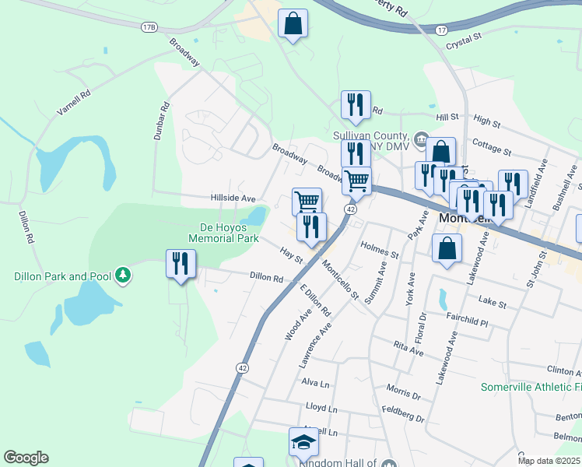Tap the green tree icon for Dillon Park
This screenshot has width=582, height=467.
pos(122,276)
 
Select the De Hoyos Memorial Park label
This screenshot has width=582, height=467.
pos(224,233)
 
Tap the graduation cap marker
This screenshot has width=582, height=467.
pos(303,442)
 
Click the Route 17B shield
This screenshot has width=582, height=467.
pos(149,27)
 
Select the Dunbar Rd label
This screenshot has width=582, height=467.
pos(161,123)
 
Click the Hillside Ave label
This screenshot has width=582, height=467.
pos(233,198)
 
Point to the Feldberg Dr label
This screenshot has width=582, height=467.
pos(403,413)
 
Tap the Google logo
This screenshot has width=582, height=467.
pos(26,458)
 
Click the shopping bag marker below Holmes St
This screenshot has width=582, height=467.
pos(447,249)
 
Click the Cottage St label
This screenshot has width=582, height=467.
pos(492,148)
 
